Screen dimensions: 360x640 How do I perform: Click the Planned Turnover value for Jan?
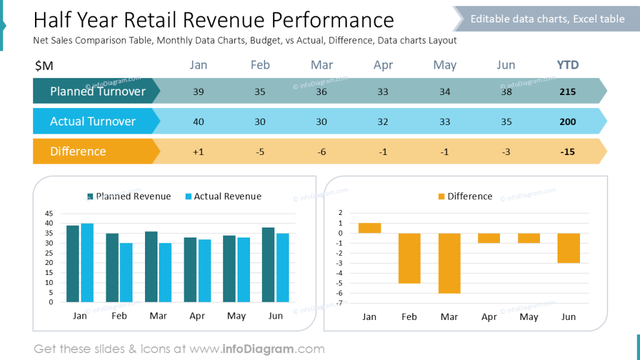[198, 92]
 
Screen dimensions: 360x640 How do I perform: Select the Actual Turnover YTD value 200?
[567, 122]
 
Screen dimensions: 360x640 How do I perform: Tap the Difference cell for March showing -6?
[321, 152]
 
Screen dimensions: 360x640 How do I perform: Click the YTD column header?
[567, 65]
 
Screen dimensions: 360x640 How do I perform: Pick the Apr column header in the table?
[383, 65]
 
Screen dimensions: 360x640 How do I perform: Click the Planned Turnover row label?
[97, 92]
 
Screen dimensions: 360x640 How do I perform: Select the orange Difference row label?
[78, 152]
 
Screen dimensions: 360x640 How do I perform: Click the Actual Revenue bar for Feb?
[126, 272]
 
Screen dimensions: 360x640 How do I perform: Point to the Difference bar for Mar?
[449, 263]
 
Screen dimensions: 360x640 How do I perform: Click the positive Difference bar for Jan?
[369, 228]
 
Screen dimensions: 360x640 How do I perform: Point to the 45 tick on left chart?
[49, 213]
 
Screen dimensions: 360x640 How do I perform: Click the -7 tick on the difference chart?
[340, 303]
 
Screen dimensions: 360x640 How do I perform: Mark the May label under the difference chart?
[529, 317]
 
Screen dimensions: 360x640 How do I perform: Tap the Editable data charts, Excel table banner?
[547, 19]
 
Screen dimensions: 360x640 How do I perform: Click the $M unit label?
[44, 65]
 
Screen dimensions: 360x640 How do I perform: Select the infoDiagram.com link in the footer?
[273, 349]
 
